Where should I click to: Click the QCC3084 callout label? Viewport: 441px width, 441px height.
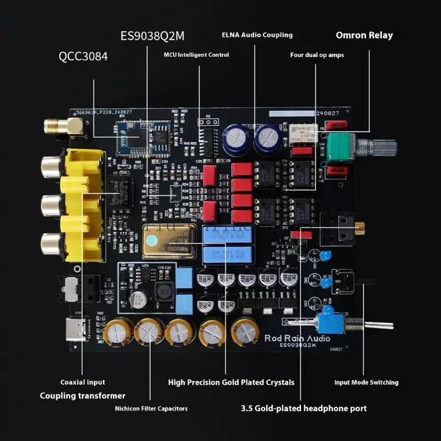(83, 56)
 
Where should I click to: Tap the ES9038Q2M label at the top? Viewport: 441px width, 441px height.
(152, 36)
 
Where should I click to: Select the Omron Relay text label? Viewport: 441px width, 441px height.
(364, 35)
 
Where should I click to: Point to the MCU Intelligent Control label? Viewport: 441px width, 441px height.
(196, 55)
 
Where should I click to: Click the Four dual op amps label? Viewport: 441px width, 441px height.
(317, 55)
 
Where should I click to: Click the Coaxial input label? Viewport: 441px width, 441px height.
(83, 382)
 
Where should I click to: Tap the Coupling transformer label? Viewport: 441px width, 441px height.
(83, 396)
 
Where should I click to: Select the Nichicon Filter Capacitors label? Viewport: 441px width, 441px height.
(151, 408)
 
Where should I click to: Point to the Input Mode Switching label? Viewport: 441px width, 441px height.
(366, 382)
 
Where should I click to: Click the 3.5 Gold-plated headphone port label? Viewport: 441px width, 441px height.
(304, 408)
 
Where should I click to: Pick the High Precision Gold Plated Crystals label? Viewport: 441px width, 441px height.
(231, 382)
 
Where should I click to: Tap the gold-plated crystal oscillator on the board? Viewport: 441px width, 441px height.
(171, 241)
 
